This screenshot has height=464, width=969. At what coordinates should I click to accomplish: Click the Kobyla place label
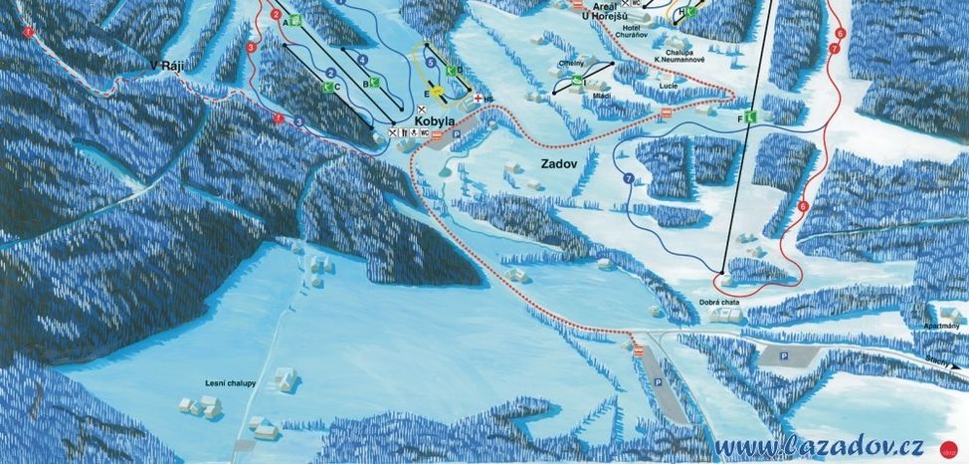click(x=435, y=120)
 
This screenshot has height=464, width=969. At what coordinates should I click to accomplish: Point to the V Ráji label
click(x=167, y=67)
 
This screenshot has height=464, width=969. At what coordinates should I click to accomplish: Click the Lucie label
click(x=668, y=87)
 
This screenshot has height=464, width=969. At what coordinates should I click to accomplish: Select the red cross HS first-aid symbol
click(x=479, y=99)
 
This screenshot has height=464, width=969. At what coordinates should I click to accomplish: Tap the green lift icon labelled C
click(x=326, y=87)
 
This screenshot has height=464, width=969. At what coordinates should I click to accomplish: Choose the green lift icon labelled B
click(x=376, y=83)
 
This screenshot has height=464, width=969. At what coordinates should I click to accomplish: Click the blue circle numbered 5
click(x=430, y=63)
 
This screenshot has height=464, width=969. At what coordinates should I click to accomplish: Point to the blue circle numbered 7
click(x=629, y=178)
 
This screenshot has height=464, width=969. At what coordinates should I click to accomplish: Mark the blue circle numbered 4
click(x=362, y=61)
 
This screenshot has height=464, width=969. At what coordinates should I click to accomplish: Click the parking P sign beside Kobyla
click(x=456, y=131)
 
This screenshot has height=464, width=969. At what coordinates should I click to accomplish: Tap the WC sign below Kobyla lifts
click(x=425, y=131)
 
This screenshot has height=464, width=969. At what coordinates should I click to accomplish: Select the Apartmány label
click(x=940, y=326)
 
